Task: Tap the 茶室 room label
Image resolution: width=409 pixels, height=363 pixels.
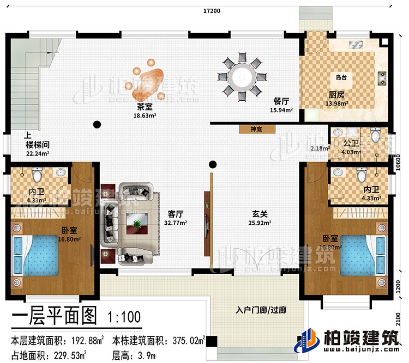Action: pos(145,107)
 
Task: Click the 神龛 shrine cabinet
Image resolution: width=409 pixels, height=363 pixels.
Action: pos(256,130)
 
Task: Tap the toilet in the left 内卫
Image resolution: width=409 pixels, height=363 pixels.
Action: pos(37,175)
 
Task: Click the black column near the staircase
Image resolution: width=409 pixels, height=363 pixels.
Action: pos(97,124)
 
